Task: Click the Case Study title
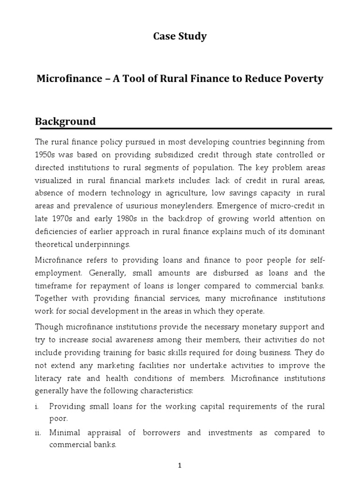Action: (180, 37)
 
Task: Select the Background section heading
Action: (66, 121)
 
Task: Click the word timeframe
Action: (55, 285)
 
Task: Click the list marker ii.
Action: (38, 433)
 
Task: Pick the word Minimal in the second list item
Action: (65, 433)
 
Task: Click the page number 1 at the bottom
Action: (180, 465)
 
